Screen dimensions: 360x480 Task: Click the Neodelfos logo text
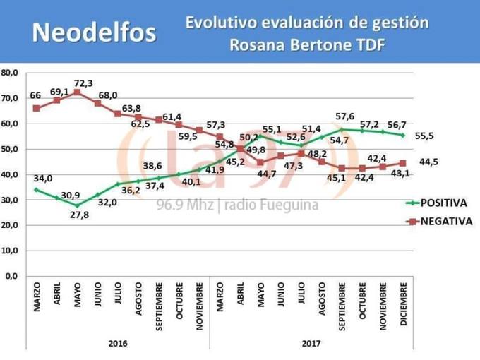95,32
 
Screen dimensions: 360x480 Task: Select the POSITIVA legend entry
443,203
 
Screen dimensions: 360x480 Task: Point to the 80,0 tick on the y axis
11,73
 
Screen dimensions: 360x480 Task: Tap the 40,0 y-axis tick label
11,174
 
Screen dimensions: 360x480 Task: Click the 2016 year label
118,344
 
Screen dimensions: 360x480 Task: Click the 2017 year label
311,344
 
